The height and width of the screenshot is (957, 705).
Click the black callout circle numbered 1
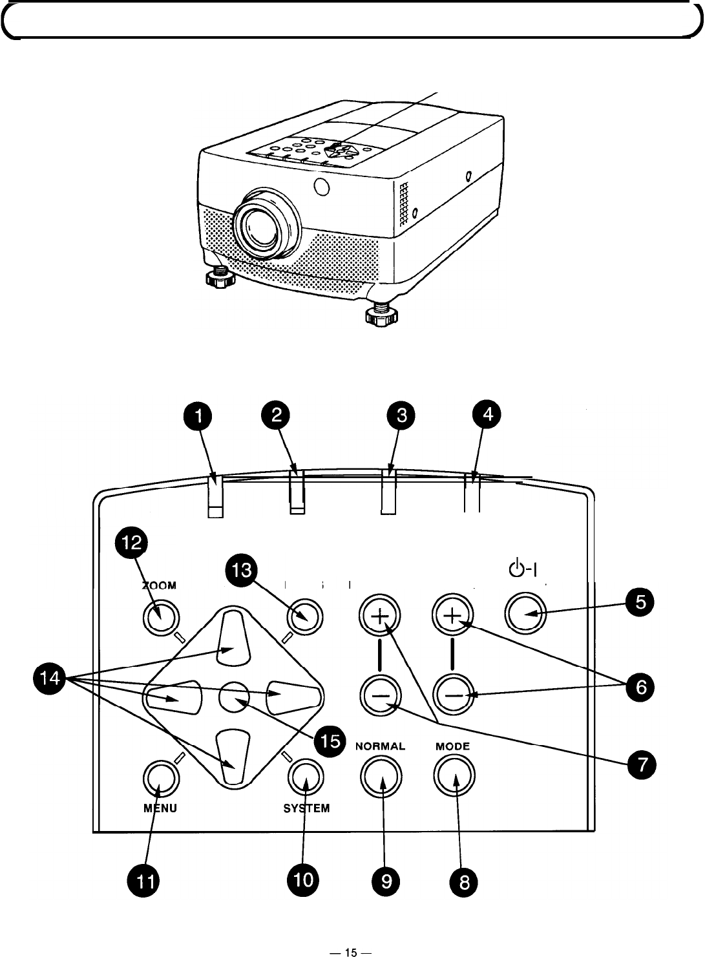198,416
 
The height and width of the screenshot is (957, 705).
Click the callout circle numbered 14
50,678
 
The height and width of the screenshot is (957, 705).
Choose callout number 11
144,881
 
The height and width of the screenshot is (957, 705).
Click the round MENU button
161,779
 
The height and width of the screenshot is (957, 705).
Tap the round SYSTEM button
306,777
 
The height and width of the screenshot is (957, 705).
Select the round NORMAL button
381,776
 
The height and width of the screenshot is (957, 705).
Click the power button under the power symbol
525,613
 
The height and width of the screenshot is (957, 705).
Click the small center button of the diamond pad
234,697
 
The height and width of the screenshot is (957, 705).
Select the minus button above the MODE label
454,695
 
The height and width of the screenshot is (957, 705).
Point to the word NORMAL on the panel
380,746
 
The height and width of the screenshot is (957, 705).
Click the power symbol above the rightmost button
523,568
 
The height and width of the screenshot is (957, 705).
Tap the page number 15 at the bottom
351,952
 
